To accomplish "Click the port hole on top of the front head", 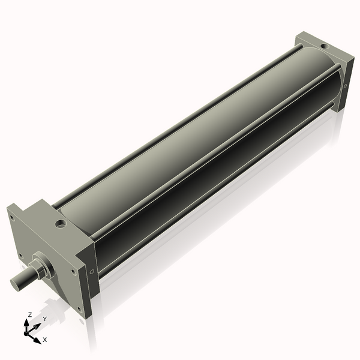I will point(60,224).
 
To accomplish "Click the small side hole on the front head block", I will point(92,271).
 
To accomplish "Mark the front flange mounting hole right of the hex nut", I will point(73,271).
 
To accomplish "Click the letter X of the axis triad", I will point(45,340).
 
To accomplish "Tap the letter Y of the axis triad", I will point(44,319).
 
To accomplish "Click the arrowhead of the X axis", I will point(37,338).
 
